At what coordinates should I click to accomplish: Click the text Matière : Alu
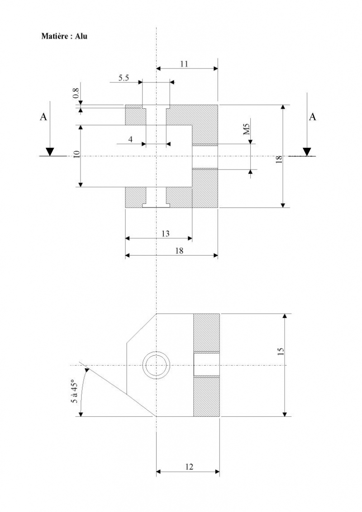64,36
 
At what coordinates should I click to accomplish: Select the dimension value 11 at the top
184,64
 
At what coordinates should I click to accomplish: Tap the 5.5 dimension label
124,78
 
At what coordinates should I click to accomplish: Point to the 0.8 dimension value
76,93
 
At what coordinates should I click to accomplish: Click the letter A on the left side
43,116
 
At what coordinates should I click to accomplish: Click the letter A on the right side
312,116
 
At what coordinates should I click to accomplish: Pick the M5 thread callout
247,129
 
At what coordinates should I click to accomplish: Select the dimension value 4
130,140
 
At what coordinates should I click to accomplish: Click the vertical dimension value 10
77,155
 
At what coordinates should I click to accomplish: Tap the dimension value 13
166,233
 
